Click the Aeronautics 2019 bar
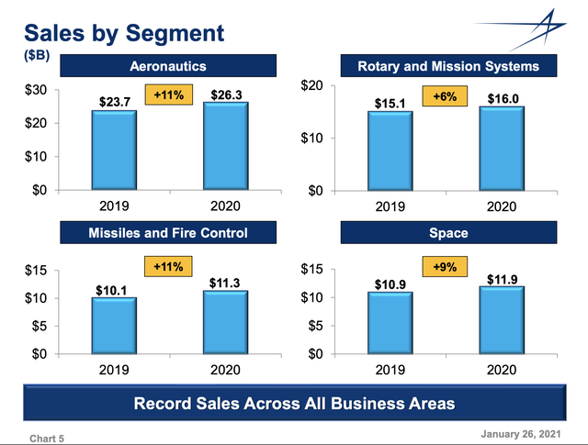114,150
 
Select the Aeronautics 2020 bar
223,146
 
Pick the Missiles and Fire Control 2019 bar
114,325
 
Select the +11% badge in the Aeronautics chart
169,95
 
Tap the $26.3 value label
224,92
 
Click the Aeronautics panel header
167,66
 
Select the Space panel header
447,233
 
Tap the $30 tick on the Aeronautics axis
38,90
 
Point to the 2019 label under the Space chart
390,370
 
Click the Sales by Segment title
124,34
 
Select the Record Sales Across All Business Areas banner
294,404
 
